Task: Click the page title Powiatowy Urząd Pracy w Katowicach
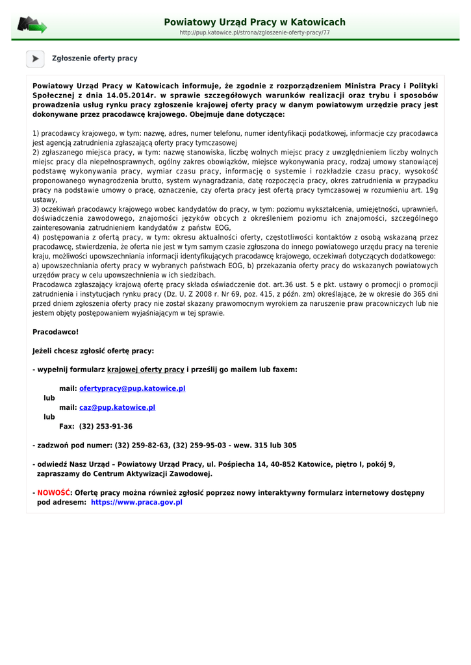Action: pos(255,22)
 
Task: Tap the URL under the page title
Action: pos(255,32)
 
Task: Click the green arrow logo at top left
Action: pos(32,25)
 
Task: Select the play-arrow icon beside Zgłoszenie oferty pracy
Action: pos(35,58)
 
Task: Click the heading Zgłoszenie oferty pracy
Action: pos(95,58)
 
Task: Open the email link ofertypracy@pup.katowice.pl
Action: pos(132,388)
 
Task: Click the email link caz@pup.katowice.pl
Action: pos(117,407)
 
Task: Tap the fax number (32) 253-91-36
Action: pos(106,426)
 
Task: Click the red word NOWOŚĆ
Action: pos(53,493)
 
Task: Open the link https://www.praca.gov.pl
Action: pos(136,502)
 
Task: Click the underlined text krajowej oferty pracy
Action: pos(146,370)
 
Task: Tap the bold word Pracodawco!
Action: pos(55,332)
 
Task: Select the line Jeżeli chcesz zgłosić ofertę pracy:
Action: pos(93,351)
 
